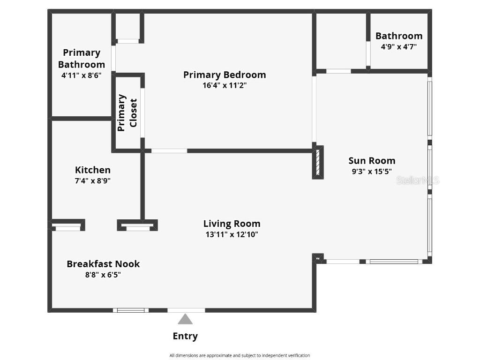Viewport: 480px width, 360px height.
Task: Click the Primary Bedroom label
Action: click(x=225, y=75)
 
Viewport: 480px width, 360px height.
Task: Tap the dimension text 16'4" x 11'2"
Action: click(x=225, y=85)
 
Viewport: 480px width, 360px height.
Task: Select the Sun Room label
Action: click(x=372, y=161)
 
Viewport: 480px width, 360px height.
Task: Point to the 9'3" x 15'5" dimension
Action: click(x=372, y=172)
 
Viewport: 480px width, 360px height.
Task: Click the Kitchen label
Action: click(x=93, y=170)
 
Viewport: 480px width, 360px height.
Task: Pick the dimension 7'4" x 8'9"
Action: click(x=93, y=180)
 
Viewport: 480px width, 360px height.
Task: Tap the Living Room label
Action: click(x=232, y=224)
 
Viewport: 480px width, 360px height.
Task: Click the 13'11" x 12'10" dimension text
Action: click(x=232, y=234)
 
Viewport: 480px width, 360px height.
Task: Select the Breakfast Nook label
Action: click(x=103, y=264)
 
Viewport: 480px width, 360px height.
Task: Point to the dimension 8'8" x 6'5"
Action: click(x=103, y=275)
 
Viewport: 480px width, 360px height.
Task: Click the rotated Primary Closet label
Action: click(x=127, y=113)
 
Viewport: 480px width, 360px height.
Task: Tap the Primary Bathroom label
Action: click(x=82, y=59)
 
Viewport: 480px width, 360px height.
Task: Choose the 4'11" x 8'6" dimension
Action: click(x=82, y=75)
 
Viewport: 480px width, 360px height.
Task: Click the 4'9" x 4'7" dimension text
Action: click(x=398, y=46)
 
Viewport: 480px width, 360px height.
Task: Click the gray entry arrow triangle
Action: click(x=185, y=320)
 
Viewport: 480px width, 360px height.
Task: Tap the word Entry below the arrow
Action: click(x=185, y=336)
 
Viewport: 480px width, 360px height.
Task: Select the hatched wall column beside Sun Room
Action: click(x=318, y=162)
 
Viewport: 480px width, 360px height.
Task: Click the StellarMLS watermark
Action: click(x=418, y=180)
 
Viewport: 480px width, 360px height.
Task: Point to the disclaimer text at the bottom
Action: click(x=240, y=355)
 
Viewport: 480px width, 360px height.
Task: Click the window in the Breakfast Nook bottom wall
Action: click(x=131, y=310)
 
